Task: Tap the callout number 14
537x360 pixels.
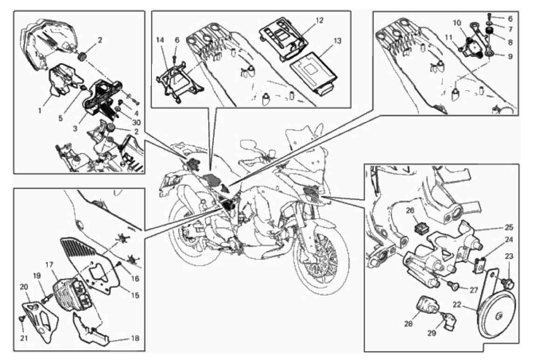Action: [x=161, y=41]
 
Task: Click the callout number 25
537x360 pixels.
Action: [x=509, y=228]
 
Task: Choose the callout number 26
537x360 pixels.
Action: [x=410, y=210]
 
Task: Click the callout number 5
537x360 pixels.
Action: [x=60, y=105]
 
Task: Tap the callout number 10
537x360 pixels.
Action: [x=456, y=22]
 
